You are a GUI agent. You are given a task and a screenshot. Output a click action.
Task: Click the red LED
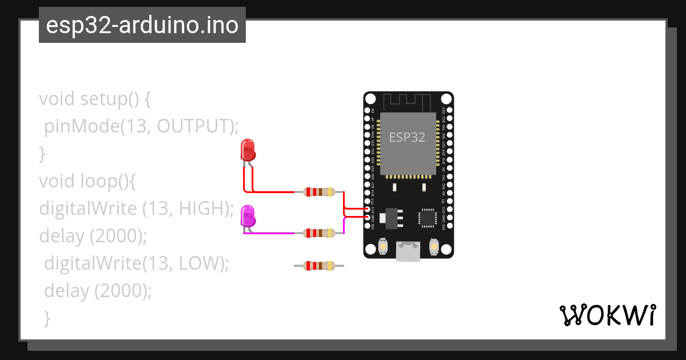pyautogui.click(x=248, y=150)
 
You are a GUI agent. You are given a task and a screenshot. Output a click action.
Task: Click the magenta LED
pyautogui.click(x=248, y=216)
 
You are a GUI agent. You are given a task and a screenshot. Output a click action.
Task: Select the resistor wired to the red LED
pyautogui.click(x=319, y=193)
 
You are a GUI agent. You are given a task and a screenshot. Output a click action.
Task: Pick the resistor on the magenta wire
pyautogui.click(x=319, y=233)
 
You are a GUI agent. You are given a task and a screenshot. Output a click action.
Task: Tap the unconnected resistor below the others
pyautogui.click(x=319, y=265)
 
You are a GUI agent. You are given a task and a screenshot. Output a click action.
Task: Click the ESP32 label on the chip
pyautogui.click(x=407, y=137)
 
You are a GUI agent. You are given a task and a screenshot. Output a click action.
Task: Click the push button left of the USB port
pyautogui.click(x=382, y=247)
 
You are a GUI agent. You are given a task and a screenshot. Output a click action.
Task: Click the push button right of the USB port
pyautogui.click(x=433, y=247)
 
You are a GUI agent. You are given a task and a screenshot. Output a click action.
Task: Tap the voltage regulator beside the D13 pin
pyautogui.click(x=390, y=217)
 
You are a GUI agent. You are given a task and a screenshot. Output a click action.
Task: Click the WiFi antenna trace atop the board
pyautogui.click(x=407, y=102)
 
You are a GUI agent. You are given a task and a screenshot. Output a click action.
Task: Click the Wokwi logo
pyautogui.click(x=607, y=315)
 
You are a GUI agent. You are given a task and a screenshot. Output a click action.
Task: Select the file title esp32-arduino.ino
pyautogui.click(x=142, y=25)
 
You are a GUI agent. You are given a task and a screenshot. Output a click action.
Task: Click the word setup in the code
pyautogui.click(x=101, y=99)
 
